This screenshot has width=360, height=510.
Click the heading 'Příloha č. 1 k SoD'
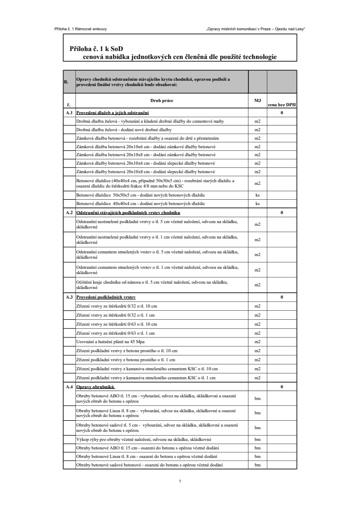[93, 48]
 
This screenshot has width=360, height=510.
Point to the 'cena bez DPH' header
[281, 105]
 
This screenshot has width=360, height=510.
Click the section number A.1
[68, 113]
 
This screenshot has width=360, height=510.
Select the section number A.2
[68, 212]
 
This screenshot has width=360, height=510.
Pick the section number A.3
[68, 297]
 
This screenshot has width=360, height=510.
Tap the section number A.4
[68, 387]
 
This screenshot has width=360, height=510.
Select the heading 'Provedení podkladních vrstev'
[106, 297]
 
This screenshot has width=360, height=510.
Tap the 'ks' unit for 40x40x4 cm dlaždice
[258, 203]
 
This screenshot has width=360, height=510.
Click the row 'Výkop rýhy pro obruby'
[144, 440]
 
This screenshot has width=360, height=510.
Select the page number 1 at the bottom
[181, 481]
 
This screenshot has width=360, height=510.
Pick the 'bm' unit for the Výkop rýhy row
[258, 440]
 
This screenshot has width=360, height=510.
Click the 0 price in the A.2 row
[281, 212]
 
